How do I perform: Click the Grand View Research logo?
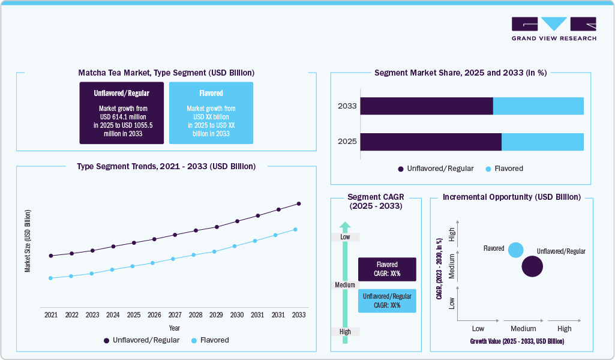pyautogui.click(x=554, y=28)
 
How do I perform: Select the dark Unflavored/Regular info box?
pyautogui.click(x=121, y=113)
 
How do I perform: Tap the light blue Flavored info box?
pyautogui.click(x=211, y=113)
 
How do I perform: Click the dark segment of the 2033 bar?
pyautogui.click(x=426, y=106)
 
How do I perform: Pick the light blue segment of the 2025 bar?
pyautogui.click(x=542, y=142)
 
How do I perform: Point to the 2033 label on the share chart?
pyautogui.click(x=347, y=106)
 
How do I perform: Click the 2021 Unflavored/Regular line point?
pyautogui.click(x=51, y=256)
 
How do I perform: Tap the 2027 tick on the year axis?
pyautogui.click(x=175, y=314)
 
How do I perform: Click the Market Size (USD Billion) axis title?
pyautogui.click(x=28, y=241)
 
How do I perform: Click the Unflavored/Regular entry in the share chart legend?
pyautogui.click(x=436, y=169)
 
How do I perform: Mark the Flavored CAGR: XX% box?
pyautogui.click(x=387, y=269)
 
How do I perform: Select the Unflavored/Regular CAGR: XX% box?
pyautogui.click(x=387, y=301)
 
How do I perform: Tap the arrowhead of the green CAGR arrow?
pyautogui.click(x=345, y=226)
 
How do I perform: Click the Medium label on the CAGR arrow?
pyautogui.click(x=345, y=285)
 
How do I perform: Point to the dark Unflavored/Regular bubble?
pyautogui.click(x=532, y=266)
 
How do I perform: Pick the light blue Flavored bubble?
pyautogui.click(x=515, y=250)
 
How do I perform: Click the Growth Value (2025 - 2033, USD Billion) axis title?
pyautogui.click(x=517, y=341)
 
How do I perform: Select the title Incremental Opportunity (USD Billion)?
pyautogui.click(x=511, y=197)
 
